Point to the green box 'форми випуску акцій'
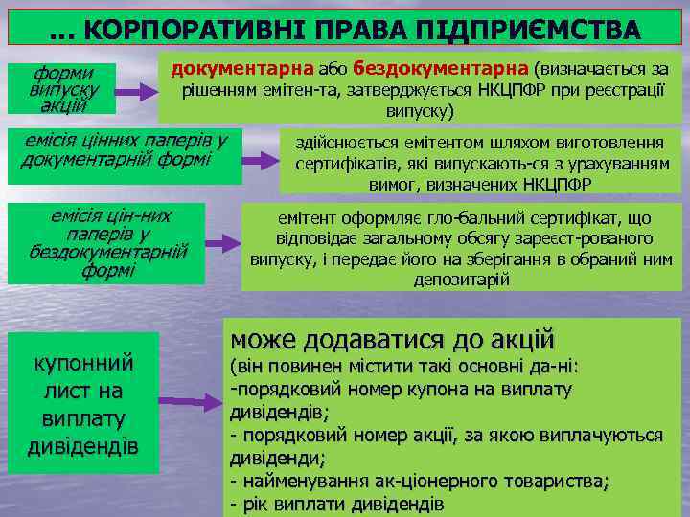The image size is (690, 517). click(61, 89)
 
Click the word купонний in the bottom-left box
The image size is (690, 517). click(84, 364)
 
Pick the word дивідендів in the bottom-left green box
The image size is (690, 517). click(84, 447)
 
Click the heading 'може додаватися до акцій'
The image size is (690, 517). click(393, 340)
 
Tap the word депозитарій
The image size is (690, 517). click(463, 280)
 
